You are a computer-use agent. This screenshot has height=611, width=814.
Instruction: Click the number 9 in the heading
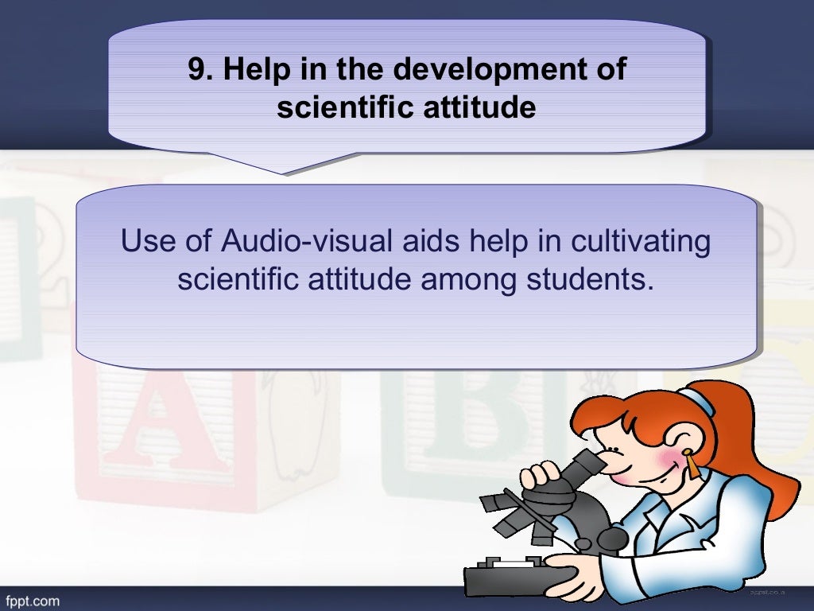[196, 70]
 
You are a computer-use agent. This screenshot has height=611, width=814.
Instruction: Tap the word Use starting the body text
[145, 242]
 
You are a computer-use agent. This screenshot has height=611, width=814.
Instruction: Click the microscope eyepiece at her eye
[592, 461]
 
